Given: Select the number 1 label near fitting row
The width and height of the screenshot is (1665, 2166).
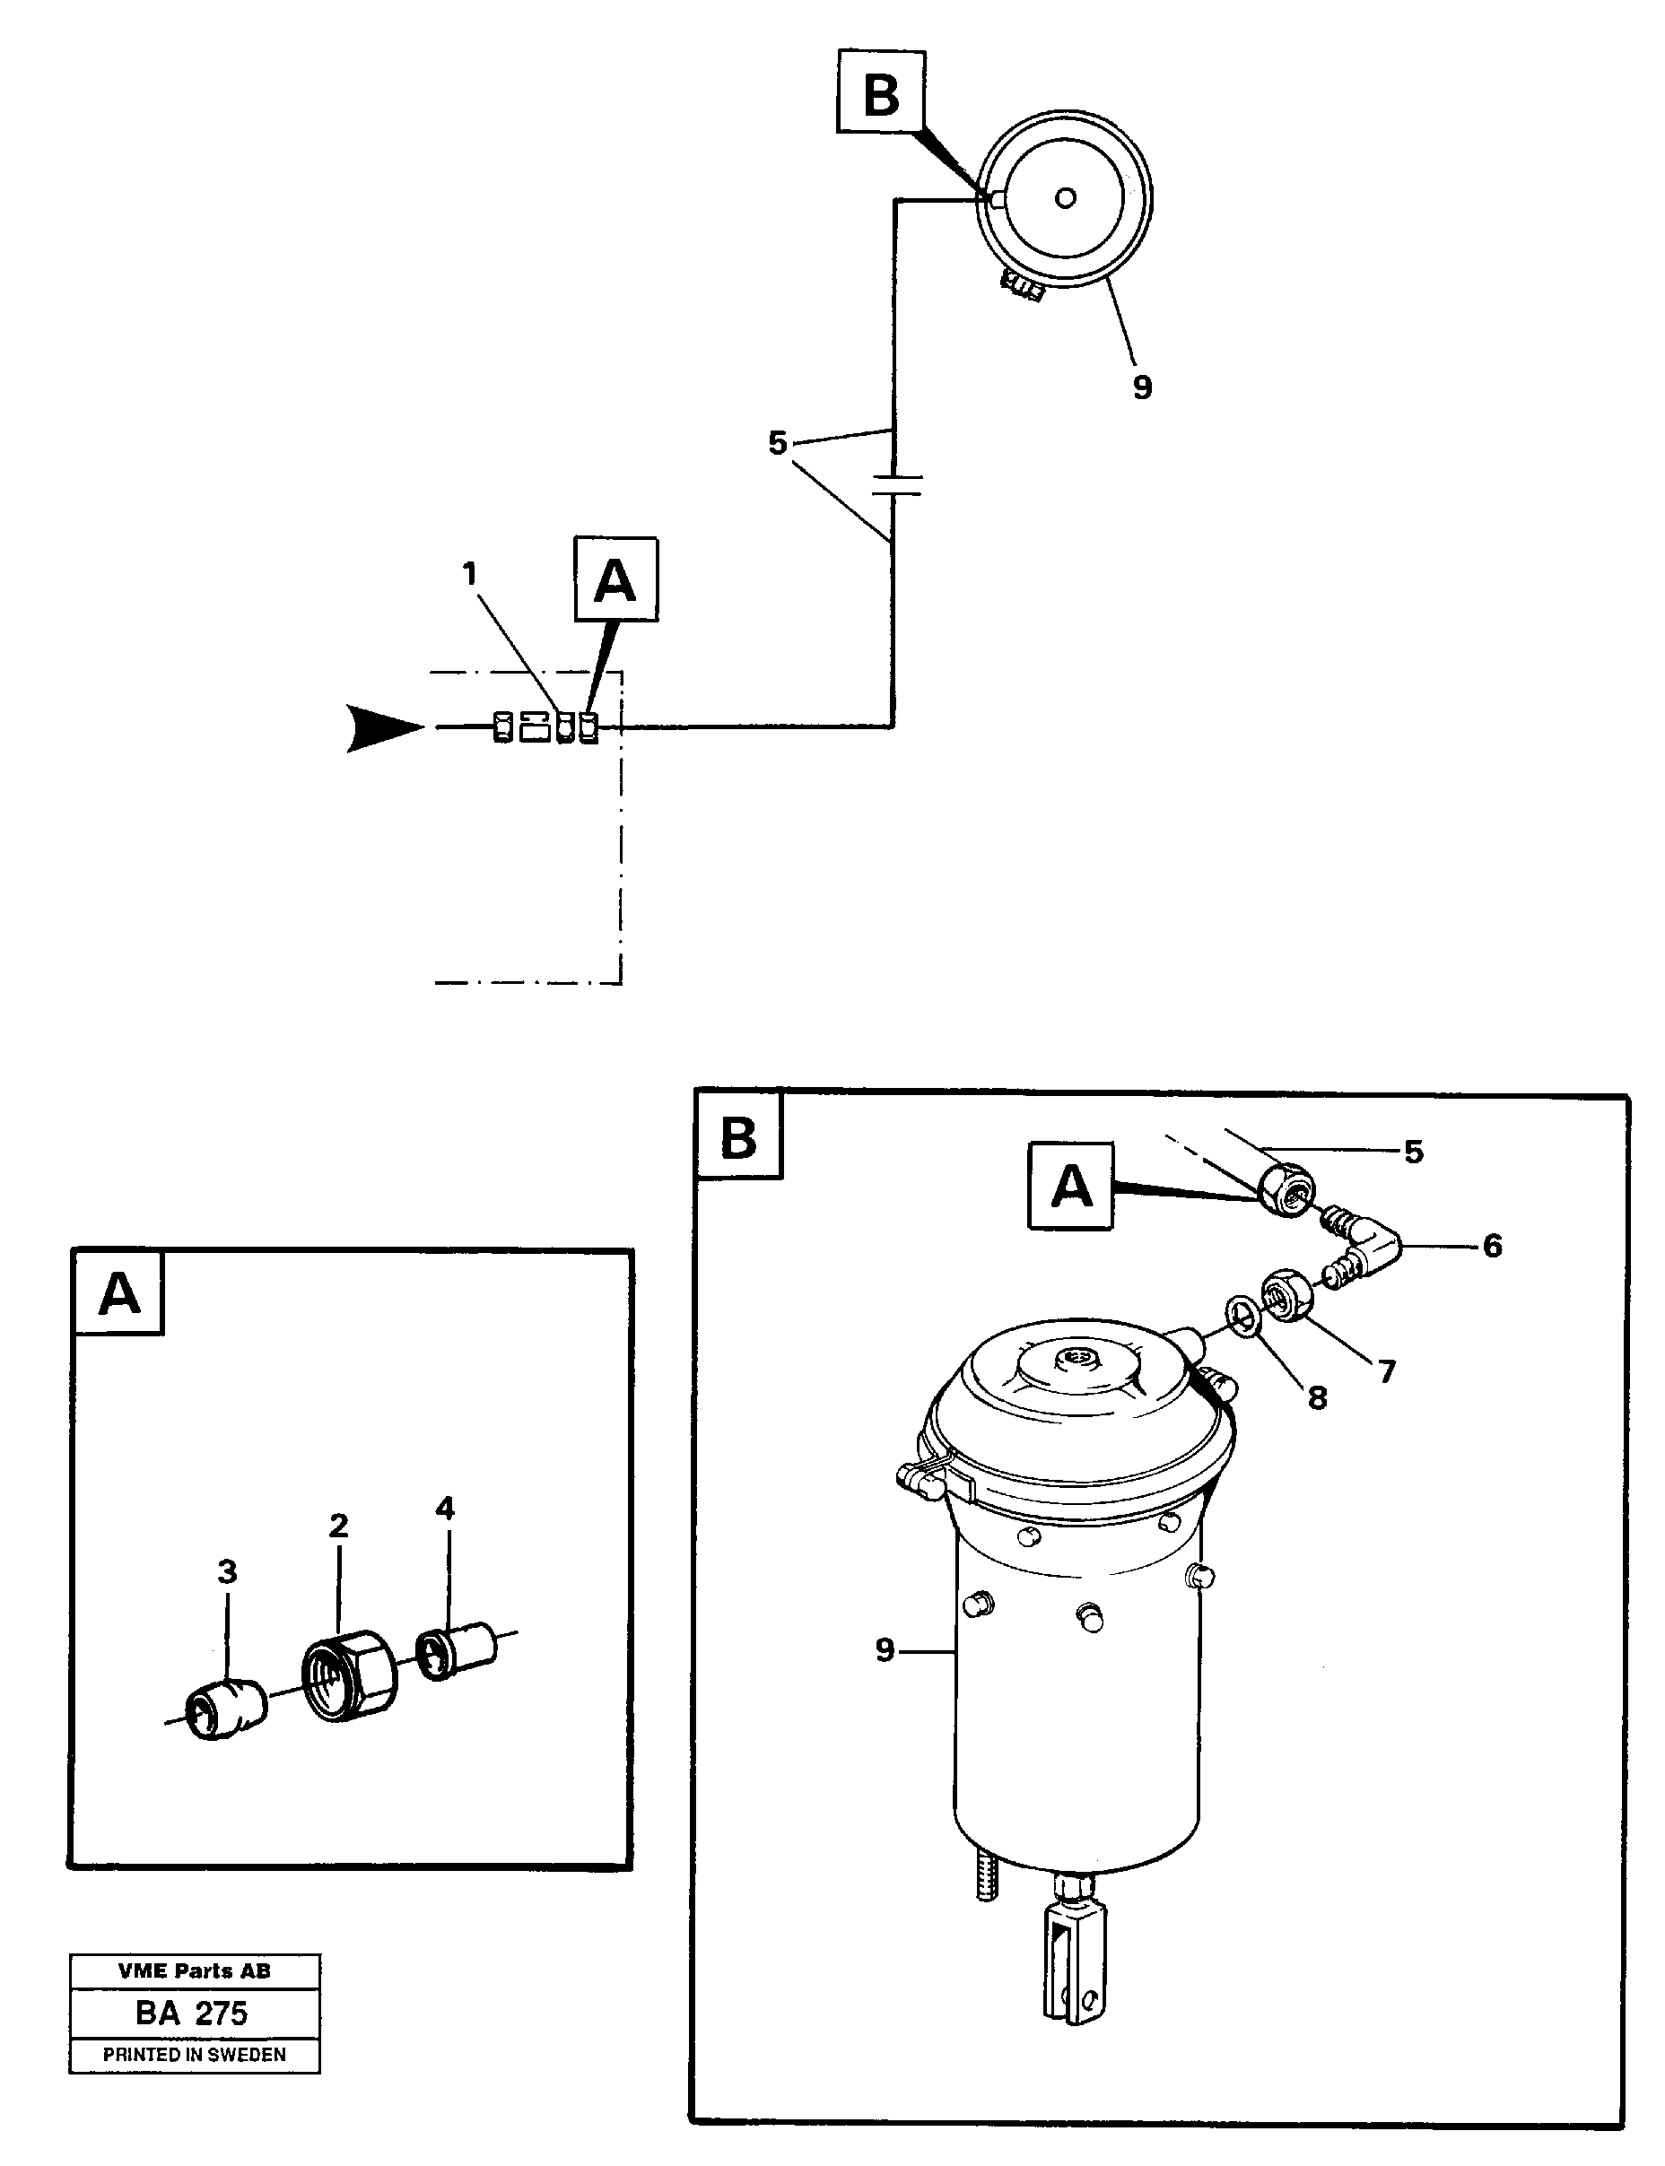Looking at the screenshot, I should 470,574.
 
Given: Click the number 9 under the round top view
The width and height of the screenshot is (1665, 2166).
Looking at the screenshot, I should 1142,387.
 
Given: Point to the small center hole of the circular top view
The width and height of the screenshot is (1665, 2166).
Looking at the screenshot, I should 1066,198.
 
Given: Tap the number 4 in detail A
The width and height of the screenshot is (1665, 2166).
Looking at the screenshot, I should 445,1508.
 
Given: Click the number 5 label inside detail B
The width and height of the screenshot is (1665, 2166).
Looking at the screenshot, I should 1413,1152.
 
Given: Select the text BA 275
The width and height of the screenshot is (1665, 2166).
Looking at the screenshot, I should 192,2014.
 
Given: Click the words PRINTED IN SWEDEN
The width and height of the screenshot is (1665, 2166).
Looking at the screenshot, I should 195,2055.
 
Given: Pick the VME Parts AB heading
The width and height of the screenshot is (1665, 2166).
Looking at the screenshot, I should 195,1970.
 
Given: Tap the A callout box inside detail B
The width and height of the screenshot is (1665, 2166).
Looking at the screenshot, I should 1071,1185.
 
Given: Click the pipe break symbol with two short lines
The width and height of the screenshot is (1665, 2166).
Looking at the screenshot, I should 896,485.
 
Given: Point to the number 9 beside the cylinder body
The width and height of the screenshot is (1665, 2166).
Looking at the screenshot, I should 884,1649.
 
